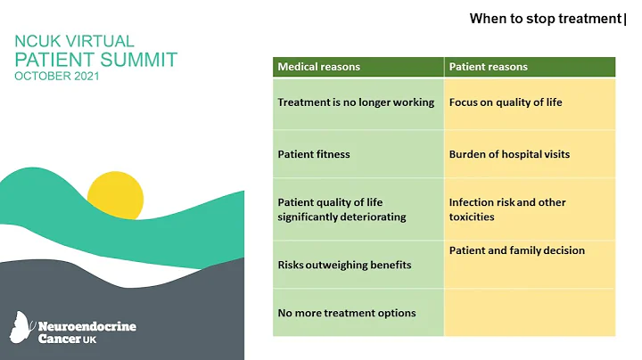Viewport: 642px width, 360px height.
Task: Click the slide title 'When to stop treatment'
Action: tap(545, 18)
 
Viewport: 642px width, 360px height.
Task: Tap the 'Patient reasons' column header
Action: tap(488, 67)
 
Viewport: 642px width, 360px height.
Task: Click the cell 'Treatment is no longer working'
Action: tap(356, 102)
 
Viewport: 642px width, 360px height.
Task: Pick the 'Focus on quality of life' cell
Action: tap(506, 102)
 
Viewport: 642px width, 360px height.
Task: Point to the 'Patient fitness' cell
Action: tap(314, 154)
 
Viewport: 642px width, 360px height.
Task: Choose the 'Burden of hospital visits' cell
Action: tap(509, 154)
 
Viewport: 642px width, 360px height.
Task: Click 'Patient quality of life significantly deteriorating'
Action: tap(342, 209)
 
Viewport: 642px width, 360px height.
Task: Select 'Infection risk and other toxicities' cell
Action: tap(507, 209)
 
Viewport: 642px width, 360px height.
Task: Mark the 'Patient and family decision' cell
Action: tap(517, 250)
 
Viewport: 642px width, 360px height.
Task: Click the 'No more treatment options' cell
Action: tap(346, 313)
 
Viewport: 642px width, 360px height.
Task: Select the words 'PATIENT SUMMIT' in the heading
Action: tap(95, 60)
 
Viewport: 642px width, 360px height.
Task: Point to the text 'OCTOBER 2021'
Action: tap(57, 77)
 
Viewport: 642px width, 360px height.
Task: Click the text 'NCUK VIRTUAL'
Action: tap(74, 41)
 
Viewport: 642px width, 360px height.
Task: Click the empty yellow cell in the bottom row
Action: tap(530, 313)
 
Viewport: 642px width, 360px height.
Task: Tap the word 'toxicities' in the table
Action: tap(472, 217)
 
